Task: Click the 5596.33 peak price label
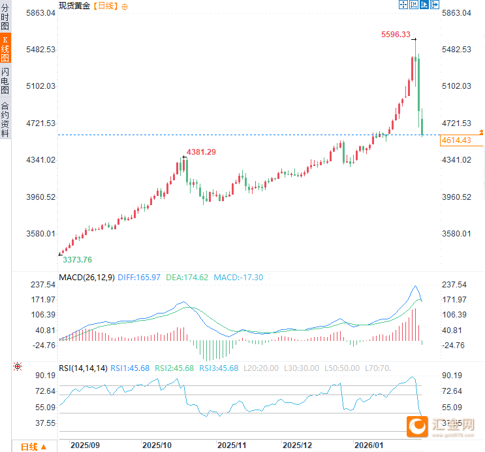pyautogui.click(x=396, y=35)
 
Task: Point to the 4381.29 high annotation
pyautogui.click(x=201, y=152)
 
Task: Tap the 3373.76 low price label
pyautogui.click(x=77, y=259)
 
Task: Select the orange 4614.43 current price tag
pyautogui.click(x=456, y=140)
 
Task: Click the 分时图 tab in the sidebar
pyautogui.click(x=5, y=18)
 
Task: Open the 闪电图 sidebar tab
pyautogui.click(x=5, y=81)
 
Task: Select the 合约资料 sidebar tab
pyautogui.click(x=5, y=119)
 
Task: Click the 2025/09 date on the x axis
pyautogui.click(x=85, y=445)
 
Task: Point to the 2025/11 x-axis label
pyautogui.click(x=232, y=445)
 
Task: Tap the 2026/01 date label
pyautogui.click(x=368, y=445)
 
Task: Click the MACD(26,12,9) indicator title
pyautogui.click(x=87, y=278)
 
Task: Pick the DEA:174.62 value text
pyautogui.click(x=187, y=278)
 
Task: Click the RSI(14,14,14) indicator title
pyautogui.click(x=83, y=368)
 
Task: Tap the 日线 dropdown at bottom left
pyautogui.click(x=33, y=447)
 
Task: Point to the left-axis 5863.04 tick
pyautogui.click(x=39, y=13)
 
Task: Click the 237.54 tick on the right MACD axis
pyautogui.click(x=455, y=285)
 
